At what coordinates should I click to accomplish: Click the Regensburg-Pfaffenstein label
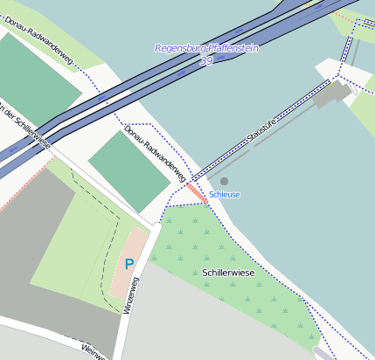pos(206,49)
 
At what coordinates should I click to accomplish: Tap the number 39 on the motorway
pos(206,61)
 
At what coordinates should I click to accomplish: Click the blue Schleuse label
pos(225,194)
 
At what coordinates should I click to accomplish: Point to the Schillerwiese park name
pos(228,273)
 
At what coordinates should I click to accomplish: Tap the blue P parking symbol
pos(129,264)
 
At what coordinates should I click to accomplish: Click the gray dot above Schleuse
pos(224,181)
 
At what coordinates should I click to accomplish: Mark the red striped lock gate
pos(197,192)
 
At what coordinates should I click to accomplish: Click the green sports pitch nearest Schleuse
pos(128,170)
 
